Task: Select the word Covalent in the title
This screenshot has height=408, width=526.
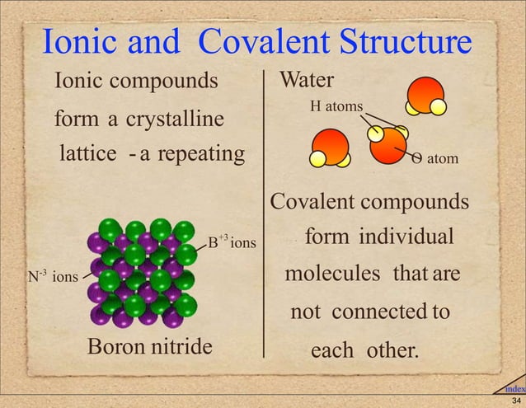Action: (x=267, y=44)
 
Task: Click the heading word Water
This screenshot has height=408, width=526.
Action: (x=307, y=81)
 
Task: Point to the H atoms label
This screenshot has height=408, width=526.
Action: (x=336, y=107)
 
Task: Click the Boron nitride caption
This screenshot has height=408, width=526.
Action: (x=149, y=346)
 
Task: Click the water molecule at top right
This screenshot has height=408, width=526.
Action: (x=426, y=95)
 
